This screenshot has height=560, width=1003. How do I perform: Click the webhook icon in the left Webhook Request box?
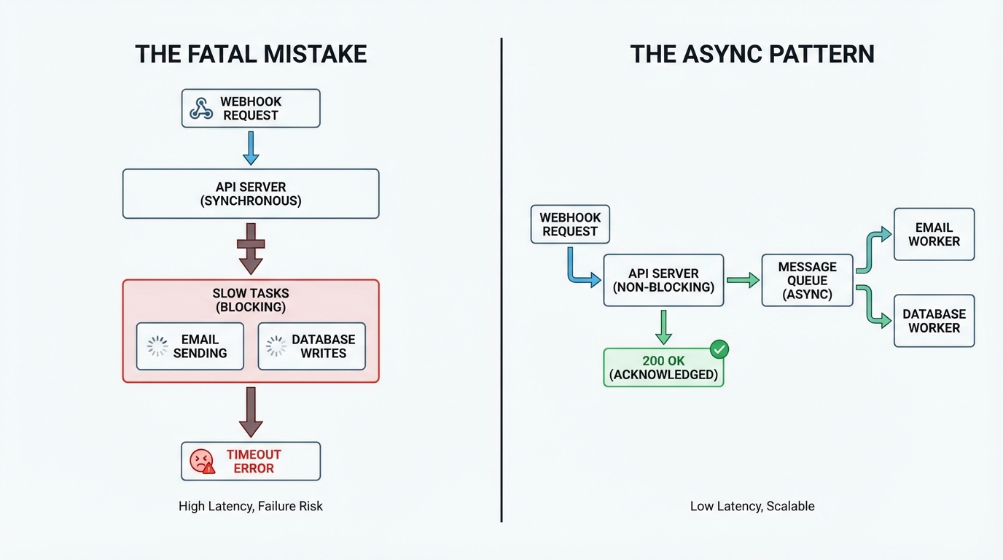[x=201, y=109]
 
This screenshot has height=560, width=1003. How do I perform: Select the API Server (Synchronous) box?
[x=251, y=194]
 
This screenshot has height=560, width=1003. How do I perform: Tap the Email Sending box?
[x=190, y=346]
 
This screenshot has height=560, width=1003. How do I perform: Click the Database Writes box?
[x=312, y=346]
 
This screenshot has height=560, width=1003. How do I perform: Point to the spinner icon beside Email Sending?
[x=157, y=346]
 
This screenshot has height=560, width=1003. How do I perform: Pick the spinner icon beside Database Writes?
[x=276, y=346]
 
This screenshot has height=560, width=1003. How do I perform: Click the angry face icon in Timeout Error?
[x=202, y=461]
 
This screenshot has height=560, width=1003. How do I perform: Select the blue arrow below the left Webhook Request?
[x=251, y=148]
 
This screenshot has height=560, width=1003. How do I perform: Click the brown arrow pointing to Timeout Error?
[x=251, y=412]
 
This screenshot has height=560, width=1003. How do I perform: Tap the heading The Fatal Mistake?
[x=251, y=55]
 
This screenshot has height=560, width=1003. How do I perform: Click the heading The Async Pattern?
[x=752, y=55]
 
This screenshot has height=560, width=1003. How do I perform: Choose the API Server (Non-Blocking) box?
[x=663, y=280]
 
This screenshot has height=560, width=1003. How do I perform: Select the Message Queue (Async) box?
[x=807, y=280]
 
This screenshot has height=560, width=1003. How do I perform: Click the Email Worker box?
[x=934, y=234]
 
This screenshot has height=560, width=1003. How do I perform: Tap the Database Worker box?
[x=934, y=321]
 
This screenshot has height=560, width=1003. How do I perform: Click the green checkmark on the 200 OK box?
[x=719, y=349]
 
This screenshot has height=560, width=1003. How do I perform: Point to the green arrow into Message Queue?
[x=743, y=280]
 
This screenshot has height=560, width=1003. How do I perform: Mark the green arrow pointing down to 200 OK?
[x=663, y=327]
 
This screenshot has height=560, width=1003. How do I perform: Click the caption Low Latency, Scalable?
[x=752, y=506]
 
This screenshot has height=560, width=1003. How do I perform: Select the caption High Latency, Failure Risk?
[x=251, y=506]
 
